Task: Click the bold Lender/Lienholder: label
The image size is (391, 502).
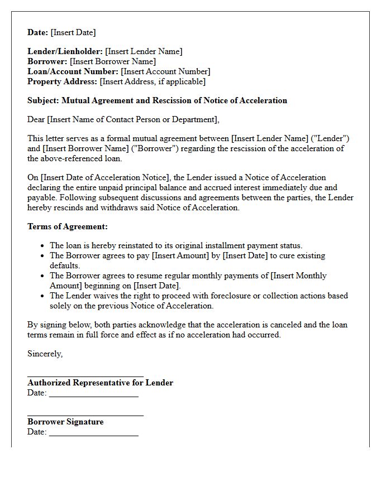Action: [x=65, y=51]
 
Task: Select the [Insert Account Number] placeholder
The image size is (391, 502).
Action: [x=165, y=71]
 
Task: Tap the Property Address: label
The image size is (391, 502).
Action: [x=63, y=81]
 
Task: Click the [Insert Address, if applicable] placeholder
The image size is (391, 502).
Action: [x=152, y=81]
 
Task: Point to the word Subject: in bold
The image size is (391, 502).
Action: [x=43, y=100]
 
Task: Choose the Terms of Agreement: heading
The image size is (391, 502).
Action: [x=68, y=226]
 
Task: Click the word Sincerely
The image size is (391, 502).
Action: [x=45, y=354]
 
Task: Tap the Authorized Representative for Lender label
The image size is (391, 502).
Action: [x=100, y=383]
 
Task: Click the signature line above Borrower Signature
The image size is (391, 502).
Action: [x=85, y=416]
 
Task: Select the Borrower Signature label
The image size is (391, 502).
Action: [x=65, y=422]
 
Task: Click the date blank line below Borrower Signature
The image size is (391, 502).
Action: [x=94, y=436]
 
